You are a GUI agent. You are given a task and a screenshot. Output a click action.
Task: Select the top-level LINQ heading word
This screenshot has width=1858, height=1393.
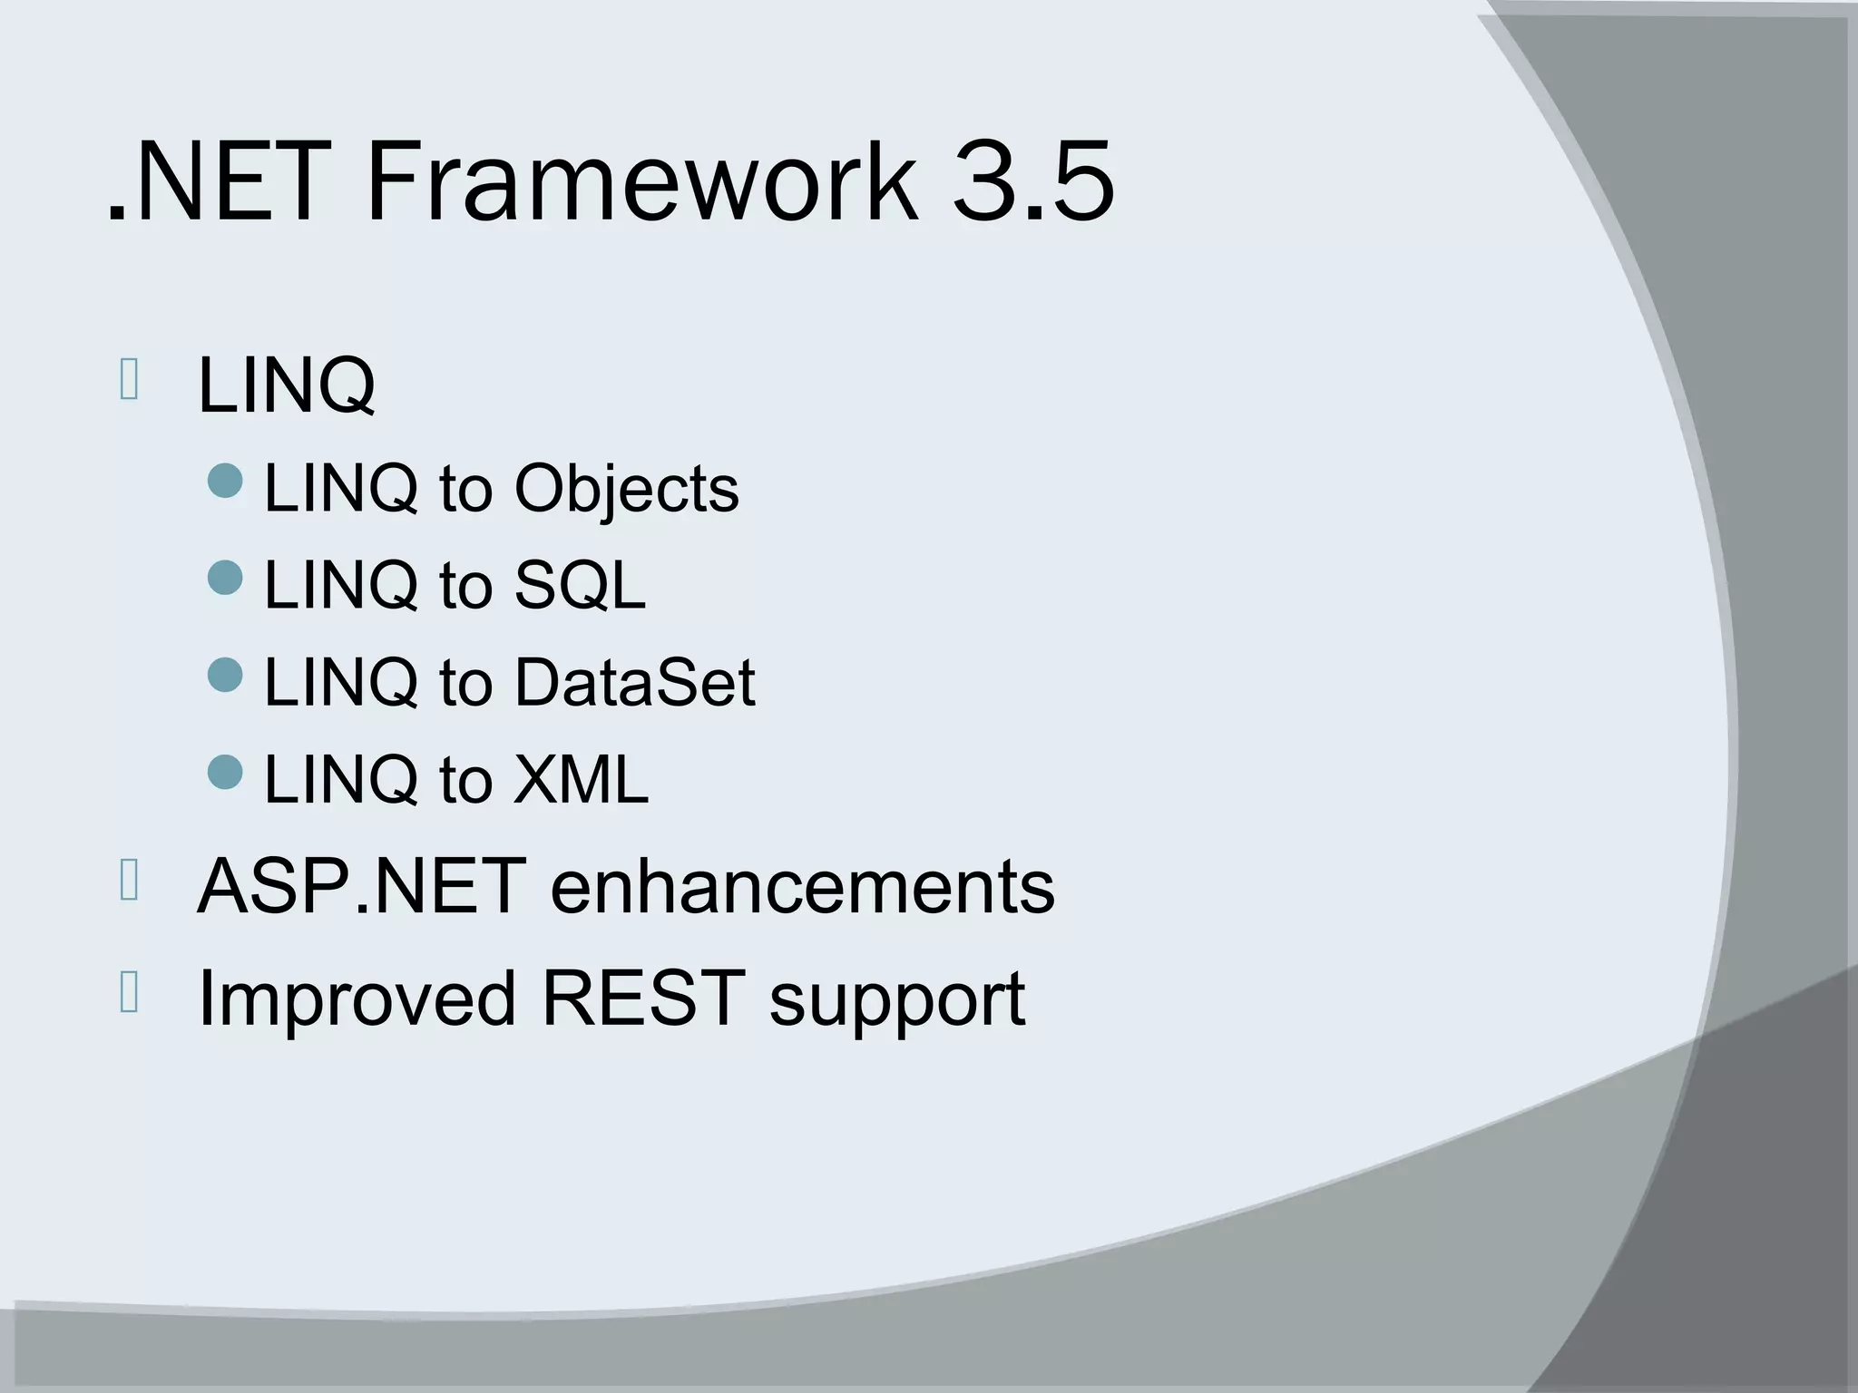pos(286,385)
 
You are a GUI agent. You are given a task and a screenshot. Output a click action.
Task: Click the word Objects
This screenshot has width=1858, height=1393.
pos(626,490)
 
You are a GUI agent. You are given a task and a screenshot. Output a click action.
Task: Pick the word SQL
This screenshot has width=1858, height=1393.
pos(580,585)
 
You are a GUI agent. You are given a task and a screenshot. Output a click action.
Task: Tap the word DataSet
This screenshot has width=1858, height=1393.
pos(634,682)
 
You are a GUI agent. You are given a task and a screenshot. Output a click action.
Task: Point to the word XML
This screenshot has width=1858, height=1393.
pos(581,779)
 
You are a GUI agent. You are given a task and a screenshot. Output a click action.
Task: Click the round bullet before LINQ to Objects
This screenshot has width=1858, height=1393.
pos(225,481)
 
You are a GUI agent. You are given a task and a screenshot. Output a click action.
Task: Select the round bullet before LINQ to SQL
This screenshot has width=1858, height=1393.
pos(225,577)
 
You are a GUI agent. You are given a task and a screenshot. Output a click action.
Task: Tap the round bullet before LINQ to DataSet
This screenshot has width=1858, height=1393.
pos(225,674)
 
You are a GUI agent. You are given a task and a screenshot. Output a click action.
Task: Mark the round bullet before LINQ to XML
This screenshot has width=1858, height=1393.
pos(225,771)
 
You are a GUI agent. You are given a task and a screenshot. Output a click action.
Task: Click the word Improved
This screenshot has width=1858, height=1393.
pos(357,998)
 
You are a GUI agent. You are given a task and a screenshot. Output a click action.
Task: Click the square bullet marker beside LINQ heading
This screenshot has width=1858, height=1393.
pos(129,380)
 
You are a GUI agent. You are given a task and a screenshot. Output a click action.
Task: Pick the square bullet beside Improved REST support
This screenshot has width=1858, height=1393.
pos(129,993)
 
